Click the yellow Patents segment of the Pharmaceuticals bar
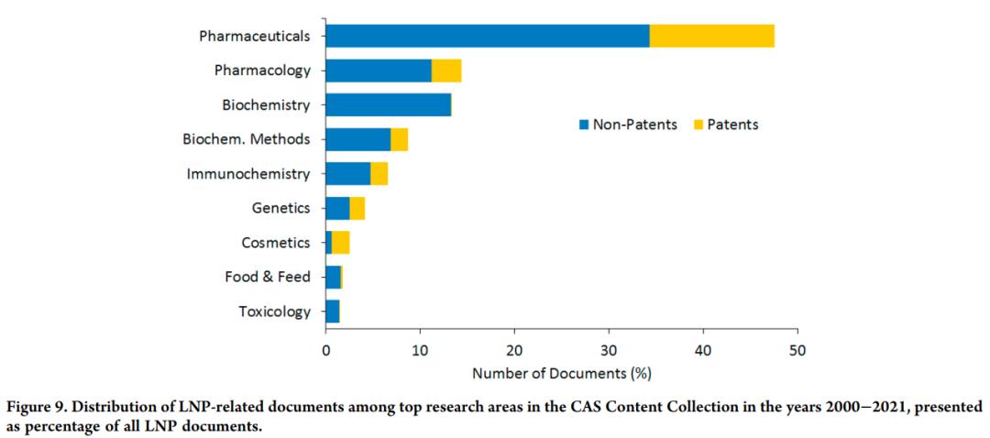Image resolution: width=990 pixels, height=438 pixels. pyautogui.click(x=712, y=36)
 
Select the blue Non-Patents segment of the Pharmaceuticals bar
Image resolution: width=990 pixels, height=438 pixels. pyautogui.click(x=487, y=36)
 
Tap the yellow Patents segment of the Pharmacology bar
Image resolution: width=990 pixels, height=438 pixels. pyautogui.click(x=446, y=71)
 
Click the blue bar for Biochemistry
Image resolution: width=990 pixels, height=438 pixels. pyautogui.click(x=388, y=104)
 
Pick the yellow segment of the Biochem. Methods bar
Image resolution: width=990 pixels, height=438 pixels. pyautogui.click(x=400, y=139)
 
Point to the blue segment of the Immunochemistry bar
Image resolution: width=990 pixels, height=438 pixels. pyautogui.click(x=347, y=174)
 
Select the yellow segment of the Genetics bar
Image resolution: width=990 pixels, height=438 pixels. pyautogui.click(x=357, y=208)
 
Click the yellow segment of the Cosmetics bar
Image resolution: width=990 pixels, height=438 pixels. pyautogui.click(x=341, y=243)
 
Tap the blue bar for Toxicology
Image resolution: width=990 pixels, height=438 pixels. pyautogui.click(x=332, y=312)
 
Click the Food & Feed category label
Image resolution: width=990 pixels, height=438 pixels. pyautogui.click(x=268, y=277)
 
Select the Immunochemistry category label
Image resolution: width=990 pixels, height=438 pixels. pyautogui.click(x=248, y=174)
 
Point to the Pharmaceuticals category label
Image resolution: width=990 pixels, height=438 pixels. pyautogui.click(x=254, y=37)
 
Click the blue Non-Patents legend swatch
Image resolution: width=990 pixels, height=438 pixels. pyautogui.click(x=583, y=125)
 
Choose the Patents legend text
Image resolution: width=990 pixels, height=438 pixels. pyautogui.click(x=732, y=125)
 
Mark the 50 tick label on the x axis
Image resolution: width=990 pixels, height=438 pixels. pyautogui.click(x=797, y=349)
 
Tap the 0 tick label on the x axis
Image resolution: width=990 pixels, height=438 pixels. pyautogui.click(x=325, y=349)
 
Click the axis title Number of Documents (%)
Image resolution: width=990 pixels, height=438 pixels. pyautogui.click(x=561, y=374)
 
